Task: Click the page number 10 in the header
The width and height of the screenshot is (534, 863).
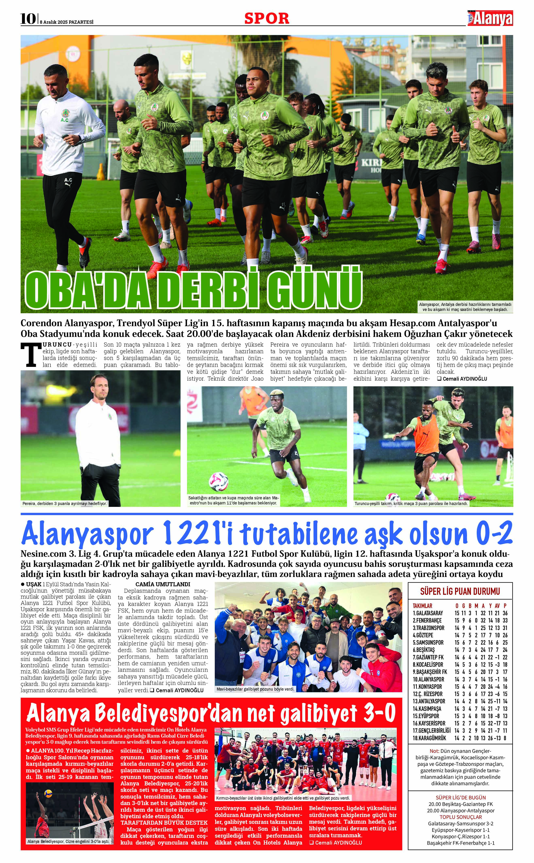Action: tap(28, 19)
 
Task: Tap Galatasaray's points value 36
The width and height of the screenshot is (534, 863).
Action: tap(505, 613)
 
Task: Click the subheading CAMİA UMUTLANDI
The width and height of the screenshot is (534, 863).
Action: tap(163, 584)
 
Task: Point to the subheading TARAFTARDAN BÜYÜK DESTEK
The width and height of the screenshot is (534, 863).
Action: tap(164, 822)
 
